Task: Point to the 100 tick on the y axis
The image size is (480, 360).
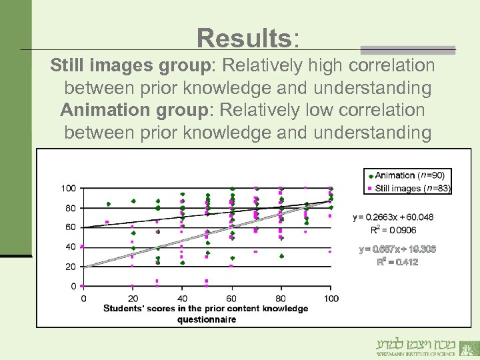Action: point(68,189)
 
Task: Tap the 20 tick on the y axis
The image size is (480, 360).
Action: point(70,267)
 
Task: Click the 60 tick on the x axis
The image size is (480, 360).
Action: point(232,298)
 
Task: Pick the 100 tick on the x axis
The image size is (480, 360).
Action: point(331,298)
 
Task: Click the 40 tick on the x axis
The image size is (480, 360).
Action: point(182,298)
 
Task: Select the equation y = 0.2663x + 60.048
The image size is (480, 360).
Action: point(393,217)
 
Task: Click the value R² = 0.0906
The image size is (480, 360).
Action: point(393,230)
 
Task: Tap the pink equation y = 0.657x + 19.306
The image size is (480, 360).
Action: point(398,249)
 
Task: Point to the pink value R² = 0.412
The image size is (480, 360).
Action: point(398,262)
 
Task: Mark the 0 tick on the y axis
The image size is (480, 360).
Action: point(73,286)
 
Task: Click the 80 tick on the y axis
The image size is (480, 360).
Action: point(70,208)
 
